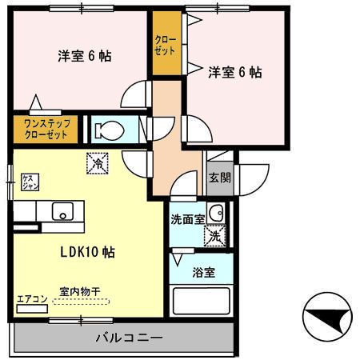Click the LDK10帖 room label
(x=87, y=252)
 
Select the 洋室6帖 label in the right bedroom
(x=235, y=72)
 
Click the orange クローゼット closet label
(x=166, y=44)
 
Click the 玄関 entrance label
(x=218, y=178)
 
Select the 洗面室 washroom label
(x=187, y=218)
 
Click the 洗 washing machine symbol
(x=214, y=236)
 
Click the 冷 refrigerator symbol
(x=96, y=162)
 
